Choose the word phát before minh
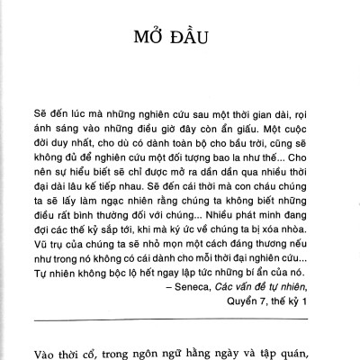click(259, 217)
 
